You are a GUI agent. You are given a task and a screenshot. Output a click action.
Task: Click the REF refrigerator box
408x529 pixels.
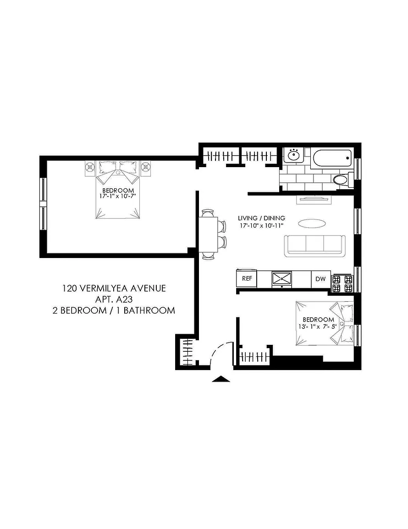tap(247, 279)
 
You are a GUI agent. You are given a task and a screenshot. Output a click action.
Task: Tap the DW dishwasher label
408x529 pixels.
tap(320, 279)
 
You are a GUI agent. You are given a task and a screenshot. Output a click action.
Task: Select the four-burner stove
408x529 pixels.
tap(342, 283)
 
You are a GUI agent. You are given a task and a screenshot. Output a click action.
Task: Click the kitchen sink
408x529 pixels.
tap(281, 279)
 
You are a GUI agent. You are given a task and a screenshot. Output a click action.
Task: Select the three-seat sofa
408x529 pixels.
tap(314, 246)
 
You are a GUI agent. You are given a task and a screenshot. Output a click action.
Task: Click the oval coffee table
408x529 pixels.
tap(312, 223)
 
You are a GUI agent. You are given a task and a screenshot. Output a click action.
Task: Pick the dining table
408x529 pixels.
tap(208, 235)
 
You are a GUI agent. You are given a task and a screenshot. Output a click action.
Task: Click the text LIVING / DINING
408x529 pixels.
tap(261, 218)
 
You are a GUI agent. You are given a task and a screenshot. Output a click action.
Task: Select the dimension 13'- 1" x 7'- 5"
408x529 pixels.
tap(317, 326)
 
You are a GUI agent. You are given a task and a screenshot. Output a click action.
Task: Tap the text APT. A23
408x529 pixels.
tap(114, 299)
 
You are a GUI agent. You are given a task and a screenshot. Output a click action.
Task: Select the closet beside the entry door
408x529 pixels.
tap(186, 352)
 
